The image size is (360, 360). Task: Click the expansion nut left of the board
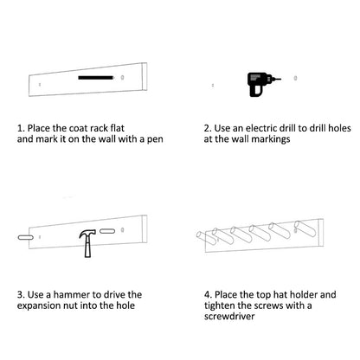(x=25, y=237)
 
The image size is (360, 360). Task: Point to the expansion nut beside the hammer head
(x=107, y=231)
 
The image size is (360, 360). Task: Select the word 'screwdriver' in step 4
(x=229, y=316)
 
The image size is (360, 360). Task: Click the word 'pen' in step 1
(x=155, y=139)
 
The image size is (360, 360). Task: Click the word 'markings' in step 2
(x=271, y=139)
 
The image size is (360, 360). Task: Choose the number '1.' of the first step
(x=21, y=128)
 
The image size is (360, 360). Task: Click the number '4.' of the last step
(x=208, y=295)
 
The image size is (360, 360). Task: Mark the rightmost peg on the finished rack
(x=305, y=228)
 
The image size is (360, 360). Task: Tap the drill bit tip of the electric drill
(x=280, y=79)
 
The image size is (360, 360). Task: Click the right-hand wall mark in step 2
(x=295, y=78)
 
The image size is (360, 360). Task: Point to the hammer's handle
(x=87, y=247)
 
